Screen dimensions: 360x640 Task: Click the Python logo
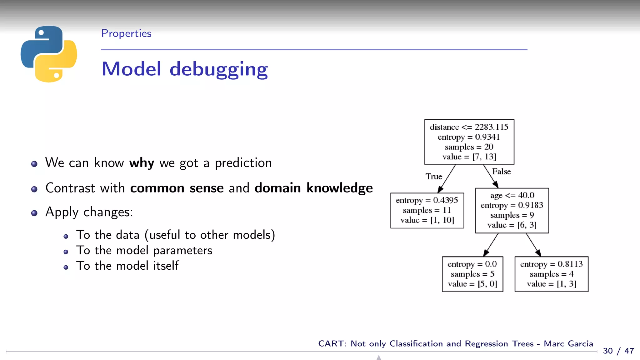coord(49,54)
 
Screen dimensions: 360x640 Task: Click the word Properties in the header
coord(126,33)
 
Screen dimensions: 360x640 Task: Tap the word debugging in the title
coord(218,69)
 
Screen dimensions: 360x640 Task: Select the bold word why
coord(142,163)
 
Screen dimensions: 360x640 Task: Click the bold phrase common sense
coord(177,188)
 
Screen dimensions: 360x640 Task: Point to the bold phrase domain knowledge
coord(313,188)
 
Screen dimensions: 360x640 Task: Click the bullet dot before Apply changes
coord(34,213)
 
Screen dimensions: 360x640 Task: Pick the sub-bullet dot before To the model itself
coord(66,267)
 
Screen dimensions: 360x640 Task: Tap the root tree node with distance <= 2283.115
coord(469,142)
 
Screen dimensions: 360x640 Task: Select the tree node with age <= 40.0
coord(512,210)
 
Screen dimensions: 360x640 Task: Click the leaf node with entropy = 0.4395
coord(427,210)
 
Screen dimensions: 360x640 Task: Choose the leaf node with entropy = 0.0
coord(472,274)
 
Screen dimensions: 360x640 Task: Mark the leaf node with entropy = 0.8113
coord(551,274)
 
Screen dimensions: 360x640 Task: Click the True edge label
coord(434,177)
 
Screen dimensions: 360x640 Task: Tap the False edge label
coord(501,172)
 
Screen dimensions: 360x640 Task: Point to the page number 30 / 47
coord(618,351)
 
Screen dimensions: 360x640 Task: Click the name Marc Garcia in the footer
coord(568,344)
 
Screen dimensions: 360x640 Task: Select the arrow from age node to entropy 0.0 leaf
coord(491,245)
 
